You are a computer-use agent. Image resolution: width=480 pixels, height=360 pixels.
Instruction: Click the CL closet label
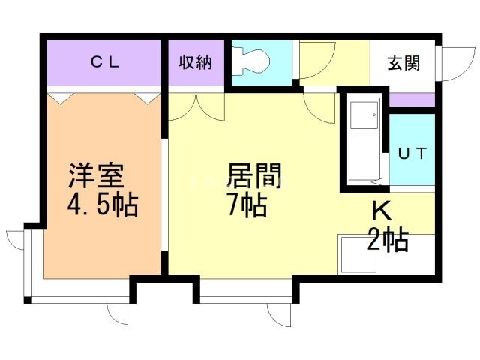106,62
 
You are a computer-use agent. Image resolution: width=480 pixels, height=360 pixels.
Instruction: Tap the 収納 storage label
194,62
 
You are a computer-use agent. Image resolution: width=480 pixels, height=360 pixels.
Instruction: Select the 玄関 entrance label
403,63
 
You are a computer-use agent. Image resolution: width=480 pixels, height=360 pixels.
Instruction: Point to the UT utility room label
412,154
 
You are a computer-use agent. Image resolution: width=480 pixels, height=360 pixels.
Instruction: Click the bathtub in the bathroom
364,138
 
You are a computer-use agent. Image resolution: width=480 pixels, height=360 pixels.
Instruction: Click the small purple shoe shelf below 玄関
412,100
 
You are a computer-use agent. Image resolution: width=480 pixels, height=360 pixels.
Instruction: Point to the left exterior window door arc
16,240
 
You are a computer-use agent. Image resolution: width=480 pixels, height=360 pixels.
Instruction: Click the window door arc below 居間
279,315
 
